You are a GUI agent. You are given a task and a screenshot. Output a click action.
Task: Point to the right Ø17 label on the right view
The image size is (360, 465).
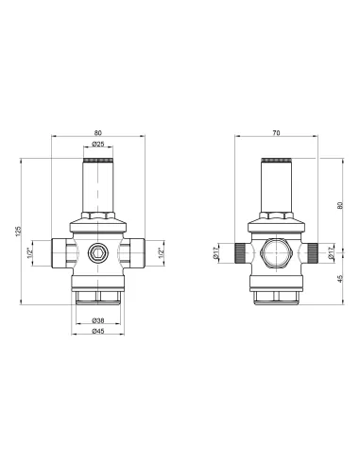(x=331, y=253)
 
